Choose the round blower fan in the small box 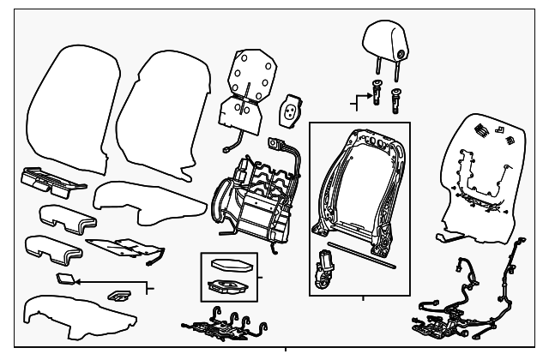click(x=228, y=287)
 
